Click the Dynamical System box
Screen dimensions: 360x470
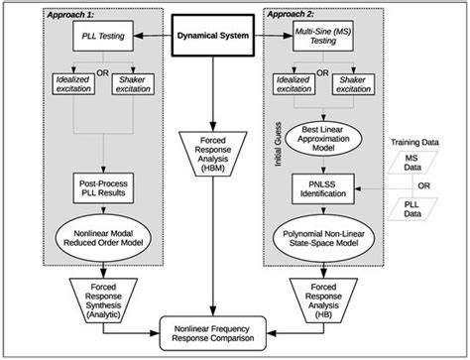click(x=235, y=36)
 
